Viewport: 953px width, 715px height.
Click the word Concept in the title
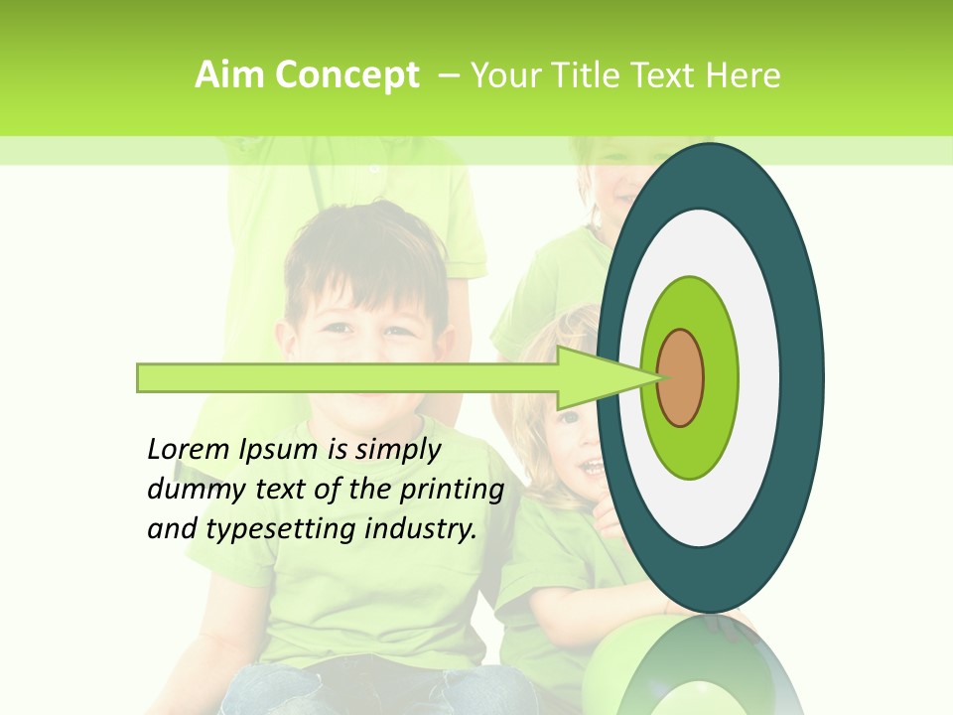pyautogui.click(x=345, y=75)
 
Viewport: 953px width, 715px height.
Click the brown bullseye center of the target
pyautogui.click(x=681, y=378)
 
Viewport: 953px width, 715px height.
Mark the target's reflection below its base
pyautogui.click(x=695, y=665)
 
